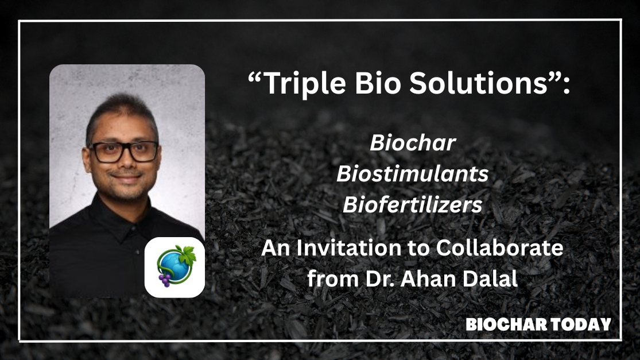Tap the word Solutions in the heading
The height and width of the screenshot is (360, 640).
pyautogui.click(x=478, y=83)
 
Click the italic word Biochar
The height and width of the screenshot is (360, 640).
pyautogui.click(x=413, y=143)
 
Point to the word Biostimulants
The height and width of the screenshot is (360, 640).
pyautogui.click(x=412, y=173)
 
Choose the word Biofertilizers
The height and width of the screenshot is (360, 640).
pyautogui.click(x=412, y=204)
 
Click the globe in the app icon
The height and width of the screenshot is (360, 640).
pyautogui.click(x=173, y=266)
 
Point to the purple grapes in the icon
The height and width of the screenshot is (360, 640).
pyautogui.click(x=165, y=280)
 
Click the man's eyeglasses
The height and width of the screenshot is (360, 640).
pyautogui.click(x=124, y=152)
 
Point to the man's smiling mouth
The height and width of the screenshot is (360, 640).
pyautogui.click(x=126, y=177)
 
